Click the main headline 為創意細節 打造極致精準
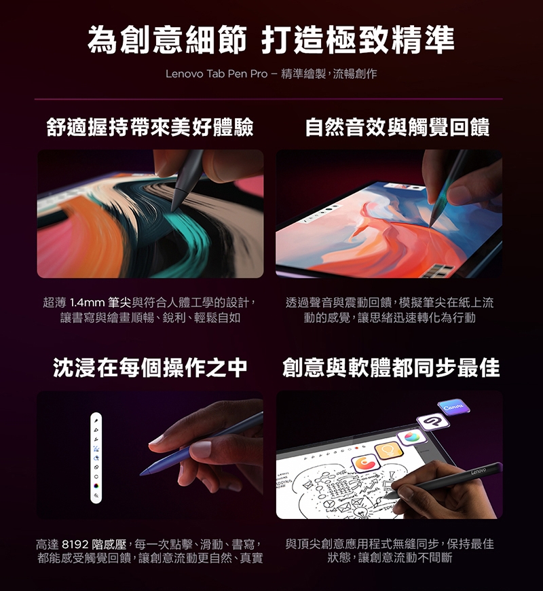tap(271, 40)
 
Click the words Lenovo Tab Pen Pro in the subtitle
tap(217, 73)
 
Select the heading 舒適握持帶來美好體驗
tap(150, 126)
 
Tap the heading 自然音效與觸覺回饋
tap(397, 126)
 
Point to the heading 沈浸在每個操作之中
tap(150, 368)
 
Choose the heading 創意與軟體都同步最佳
tap(391, 368)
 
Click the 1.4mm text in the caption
tap(87, 303)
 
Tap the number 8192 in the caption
tap(75, 544)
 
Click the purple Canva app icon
tap(453, 408)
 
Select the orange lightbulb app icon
tap(389, 450)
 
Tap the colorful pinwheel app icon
tap(411, 437)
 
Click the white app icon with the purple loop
tap(434, 421)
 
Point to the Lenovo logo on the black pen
tap(479, 470)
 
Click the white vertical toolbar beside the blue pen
tap(96, 458)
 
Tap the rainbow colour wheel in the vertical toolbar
tap(96, 486)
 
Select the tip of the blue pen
tap(141, 475)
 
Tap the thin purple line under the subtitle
tap(269, 99)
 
